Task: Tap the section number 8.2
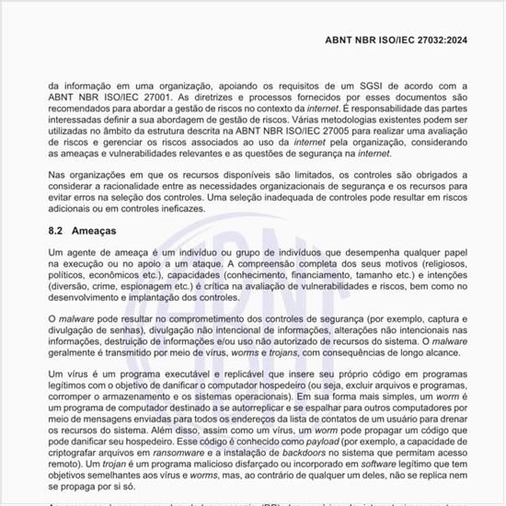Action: click(x=57, y=230)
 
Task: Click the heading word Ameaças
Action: click(x=95, y=230)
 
